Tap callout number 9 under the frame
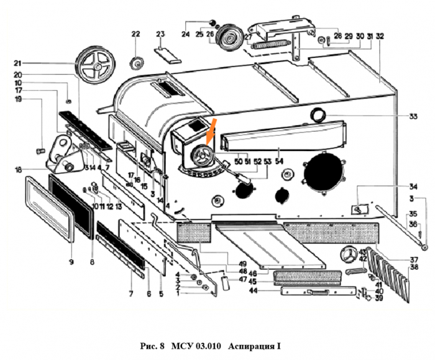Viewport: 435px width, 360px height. (71, 262)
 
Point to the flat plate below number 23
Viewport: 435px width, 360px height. (165, 53)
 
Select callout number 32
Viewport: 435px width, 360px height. (380, 36)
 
